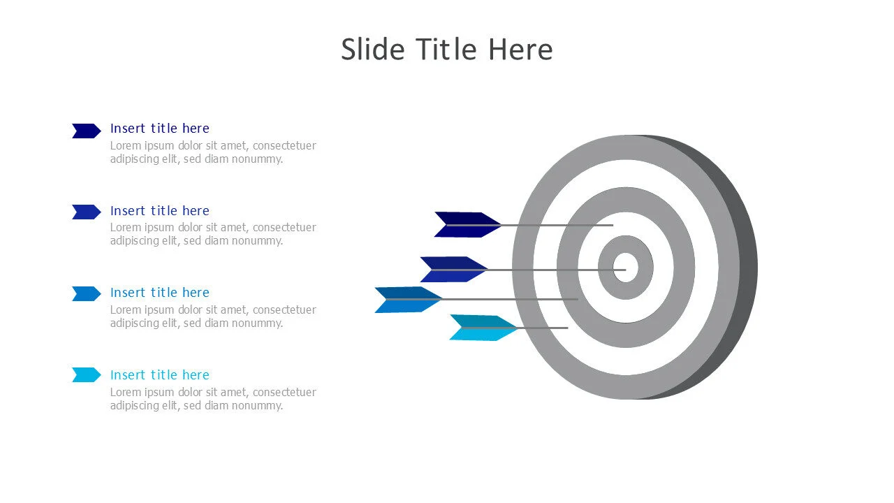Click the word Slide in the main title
373,50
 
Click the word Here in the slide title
521,50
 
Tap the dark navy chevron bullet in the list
86,131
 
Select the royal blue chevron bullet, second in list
86,212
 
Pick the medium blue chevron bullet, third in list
86,294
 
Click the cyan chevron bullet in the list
86,375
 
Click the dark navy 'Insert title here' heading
160,128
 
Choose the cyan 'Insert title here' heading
160,375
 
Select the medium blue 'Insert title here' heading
160,293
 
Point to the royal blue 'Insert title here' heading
160,210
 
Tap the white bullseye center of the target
625,267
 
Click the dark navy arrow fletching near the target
467,225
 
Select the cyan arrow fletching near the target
483,328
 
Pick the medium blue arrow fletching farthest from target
409,300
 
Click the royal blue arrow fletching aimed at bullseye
454,270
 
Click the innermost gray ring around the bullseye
606,267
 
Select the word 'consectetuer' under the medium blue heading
284,309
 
